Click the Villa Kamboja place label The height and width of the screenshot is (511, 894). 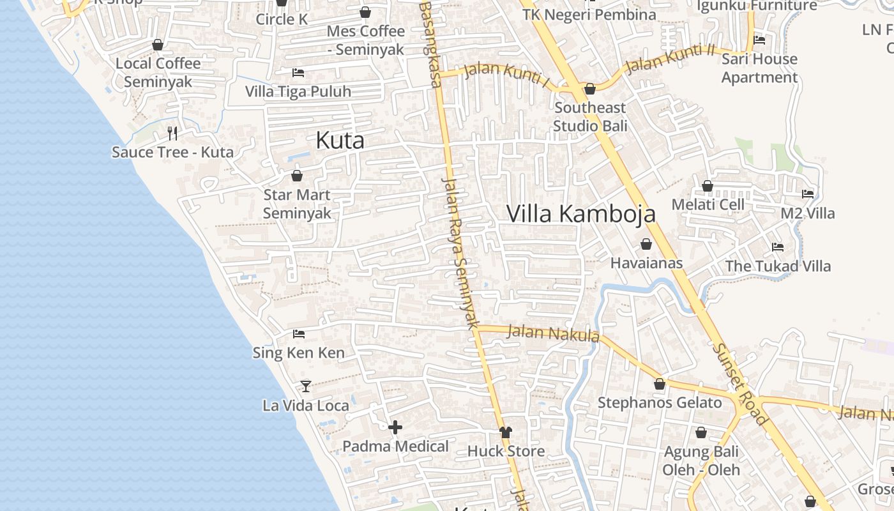(581, 214)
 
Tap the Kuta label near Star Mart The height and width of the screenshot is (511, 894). (340, 141)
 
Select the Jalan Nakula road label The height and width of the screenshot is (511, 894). (553, 333)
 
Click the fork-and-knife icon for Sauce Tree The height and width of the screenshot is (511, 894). (172, 133)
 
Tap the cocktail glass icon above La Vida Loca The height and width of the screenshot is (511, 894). (306, 386)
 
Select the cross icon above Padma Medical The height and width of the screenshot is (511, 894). (395, 427)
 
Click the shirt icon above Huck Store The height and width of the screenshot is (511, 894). (506, 432)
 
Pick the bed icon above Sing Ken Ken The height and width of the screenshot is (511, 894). (298, 333)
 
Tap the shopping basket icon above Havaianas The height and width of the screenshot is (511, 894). (646, 244)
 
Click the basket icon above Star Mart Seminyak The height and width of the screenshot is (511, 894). (297, 175)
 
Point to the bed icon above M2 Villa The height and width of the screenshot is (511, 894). (808, 194)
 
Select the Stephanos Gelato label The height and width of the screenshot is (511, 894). (660, 403)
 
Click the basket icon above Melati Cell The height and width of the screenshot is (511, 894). (708, 186)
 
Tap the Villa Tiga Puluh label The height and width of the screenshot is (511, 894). (298, 91)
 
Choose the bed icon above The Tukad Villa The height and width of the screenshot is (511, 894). (777, 247)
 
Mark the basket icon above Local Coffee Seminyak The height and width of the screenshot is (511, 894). (158, 45)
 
